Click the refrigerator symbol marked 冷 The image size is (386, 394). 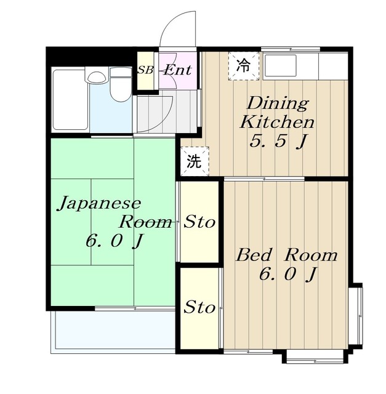tap(244, 66)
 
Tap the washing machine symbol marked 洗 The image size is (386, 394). tap(195, 161)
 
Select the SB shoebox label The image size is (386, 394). tap(145, 70)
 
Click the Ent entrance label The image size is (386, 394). tap(178, 70)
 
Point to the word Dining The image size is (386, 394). tap(278, 103)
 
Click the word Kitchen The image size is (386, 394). tap(277, 122)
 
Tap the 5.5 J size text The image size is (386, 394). tap(278, 141)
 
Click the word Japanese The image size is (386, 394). tap(99, 204)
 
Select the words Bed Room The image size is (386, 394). tap(286, 255)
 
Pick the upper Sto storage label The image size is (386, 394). tap(199, 222)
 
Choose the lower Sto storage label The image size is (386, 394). tap(199, 307)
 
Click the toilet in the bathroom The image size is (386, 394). tap(121, 85)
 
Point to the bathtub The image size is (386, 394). tap(70, 100)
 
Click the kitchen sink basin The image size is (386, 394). tap(280, 66)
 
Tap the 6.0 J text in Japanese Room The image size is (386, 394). tap(115, 241)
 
